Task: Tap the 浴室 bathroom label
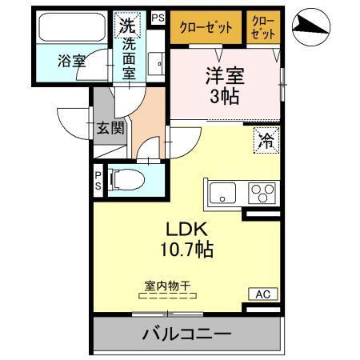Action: tap(73, 61)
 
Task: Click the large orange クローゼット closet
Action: tap(204, 26)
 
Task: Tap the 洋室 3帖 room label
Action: tap(225, 86)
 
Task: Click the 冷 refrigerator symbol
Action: tap(266, 139)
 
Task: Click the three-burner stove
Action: tap(262, 193)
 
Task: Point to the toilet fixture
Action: tap(128, 181)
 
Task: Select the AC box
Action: tap(262, 294)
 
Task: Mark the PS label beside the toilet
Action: tap(98, 181)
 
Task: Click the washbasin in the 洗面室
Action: tap(156, 61)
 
